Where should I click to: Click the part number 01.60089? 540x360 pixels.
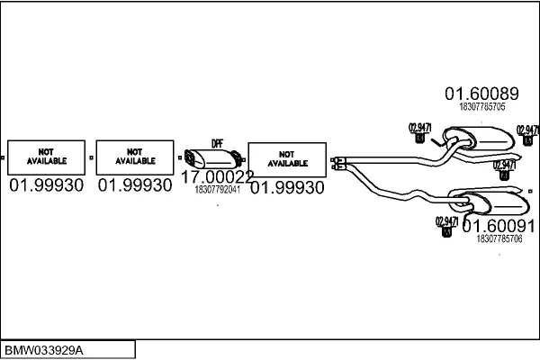click(481, 93)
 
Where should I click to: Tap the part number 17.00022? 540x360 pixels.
click(217, 178)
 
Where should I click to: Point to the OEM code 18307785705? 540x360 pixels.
click(482, 106)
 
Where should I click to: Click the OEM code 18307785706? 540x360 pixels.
click(499, 239)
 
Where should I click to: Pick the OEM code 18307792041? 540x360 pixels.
click(217, 190)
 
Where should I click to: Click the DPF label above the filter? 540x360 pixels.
click(217, 144)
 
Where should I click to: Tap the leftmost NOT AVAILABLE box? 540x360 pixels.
click(45, 157)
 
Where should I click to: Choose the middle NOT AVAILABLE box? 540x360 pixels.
click(134, 157)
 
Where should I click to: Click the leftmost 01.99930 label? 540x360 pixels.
click(46, 185)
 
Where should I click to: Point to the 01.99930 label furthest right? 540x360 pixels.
click(287, 187)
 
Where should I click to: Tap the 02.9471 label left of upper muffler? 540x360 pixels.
click(420, 125)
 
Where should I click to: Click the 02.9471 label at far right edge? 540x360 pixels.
click(527, 130)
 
